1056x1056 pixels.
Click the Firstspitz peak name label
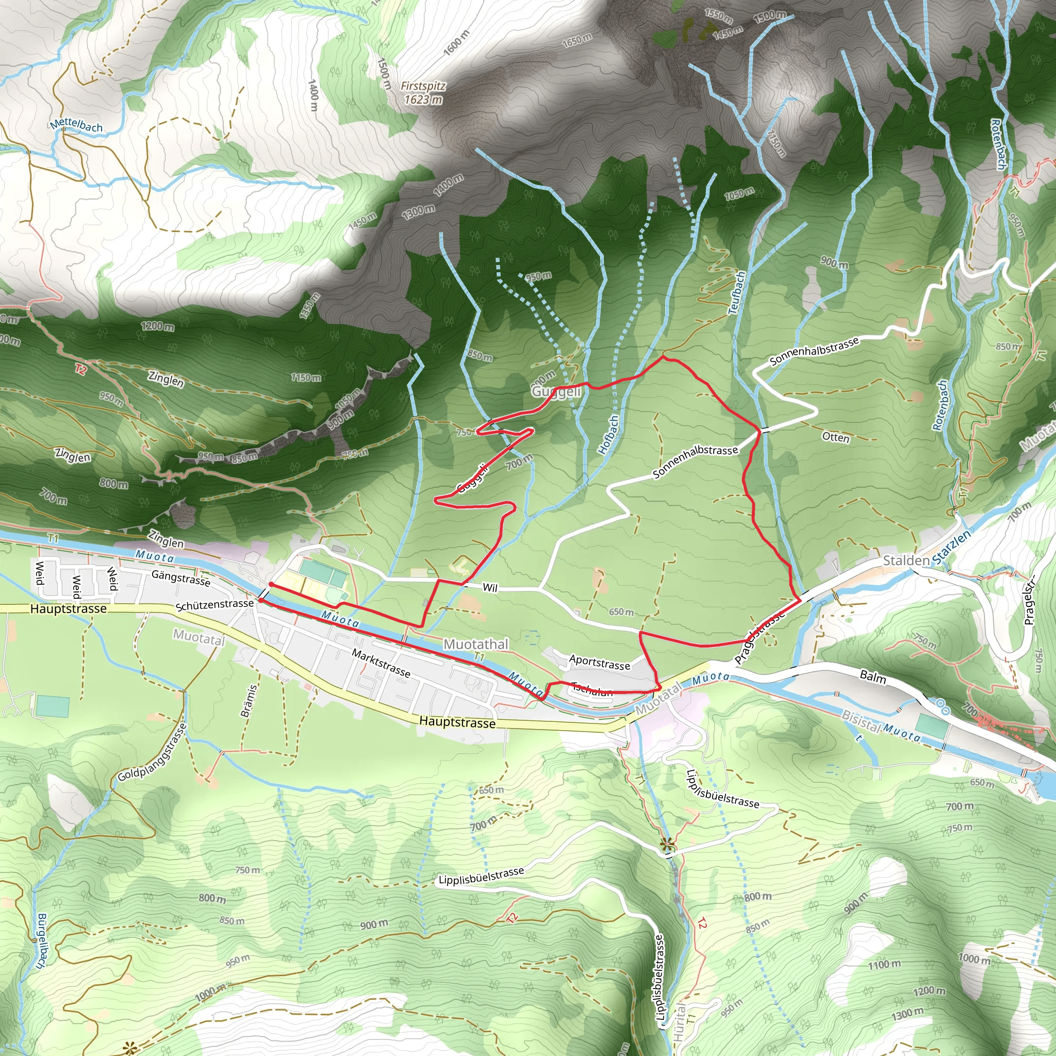pyautogui.click(x=423, y=86)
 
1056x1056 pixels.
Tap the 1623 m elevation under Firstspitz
pyautogui.click(x=423, y=100)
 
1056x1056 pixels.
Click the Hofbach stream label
pyautogui.click(x=608, y=435)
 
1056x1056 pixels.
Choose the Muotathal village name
pyautogui.click(x=475, y=645)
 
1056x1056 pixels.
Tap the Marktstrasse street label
pyautogui.click(x=381, y=663)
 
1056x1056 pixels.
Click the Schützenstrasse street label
pyautogui.click(x=214, y=604)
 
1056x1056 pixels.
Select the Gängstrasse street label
pyautogui.click(x=180, y=577)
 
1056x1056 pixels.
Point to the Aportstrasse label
pyautogui.click(x=600, y=663)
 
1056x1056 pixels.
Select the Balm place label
pyautogui.click(x=873, y=677)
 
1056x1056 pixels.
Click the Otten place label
pyautogui.click(x=836, y=437)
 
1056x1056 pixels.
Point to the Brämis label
pyautogui.click(x=249, y=701)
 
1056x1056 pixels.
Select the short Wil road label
pyautogui.click(x=490, y=588)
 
